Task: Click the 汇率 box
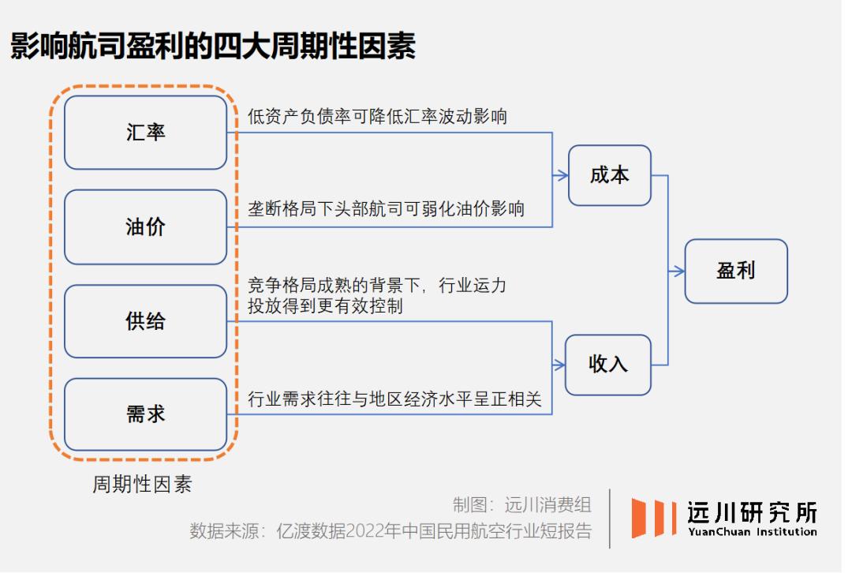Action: click(x=145, y=133)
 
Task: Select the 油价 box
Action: click(x=145, y=227)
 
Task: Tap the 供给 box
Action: click(x=145, y=321)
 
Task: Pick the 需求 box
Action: click(x=145, y=414)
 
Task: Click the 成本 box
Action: click(x=610, y=175)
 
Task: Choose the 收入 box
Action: click(x=610, y=365)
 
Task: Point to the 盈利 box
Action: click(x=735, y=271)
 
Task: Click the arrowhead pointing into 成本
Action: click(x=562, y=175)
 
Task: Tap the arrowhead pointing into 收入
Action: click(x=562, y=365)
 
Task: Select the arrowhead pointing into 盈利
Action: click(x=678, y=271)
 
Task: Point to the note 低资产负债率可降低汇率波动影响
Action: click(x=377, y=117)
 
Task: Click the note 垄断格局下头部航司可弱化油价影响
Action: click(x=386, y=209)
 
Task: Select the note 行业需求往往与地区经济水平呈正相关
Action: click(x=394, y=399)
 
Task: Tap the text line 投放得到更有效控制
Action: click(x=325, y=306)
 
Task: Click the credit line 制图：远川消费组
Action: click(x=521, y=504)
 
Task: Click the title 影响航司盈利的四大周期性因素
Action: click(x=213, y=47)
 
